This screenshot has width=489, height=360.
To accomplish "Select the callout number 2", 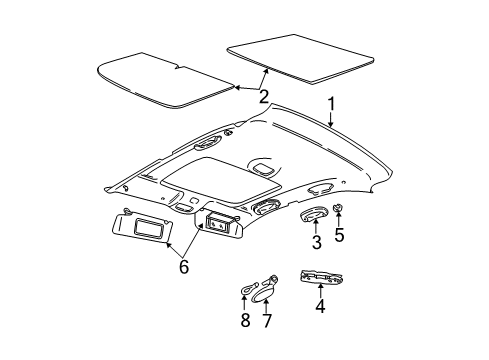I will coord(263,97).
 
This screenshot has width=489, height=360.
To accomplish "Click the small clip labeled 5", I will coord(338,238).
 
